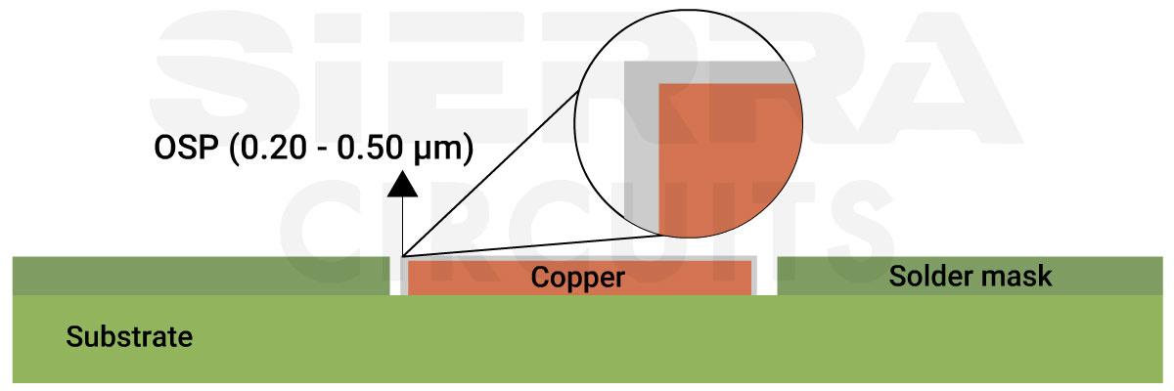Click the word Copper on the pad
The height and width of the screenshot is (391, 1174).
(577, 278)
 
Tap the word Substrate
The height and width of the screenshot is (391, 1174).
(129, 338)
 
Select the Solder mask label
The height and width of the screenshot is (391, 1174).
(970, 277)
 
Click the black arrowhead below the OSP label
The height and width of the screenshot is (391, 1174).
(402, 183)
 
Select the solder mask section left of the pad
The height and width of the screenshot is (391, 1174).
(196, 277)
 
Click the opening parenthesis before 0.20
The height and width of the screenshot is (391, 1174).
(233, 149)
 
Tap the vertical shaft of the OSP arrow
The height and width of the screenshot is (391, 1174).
(402, 225)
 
